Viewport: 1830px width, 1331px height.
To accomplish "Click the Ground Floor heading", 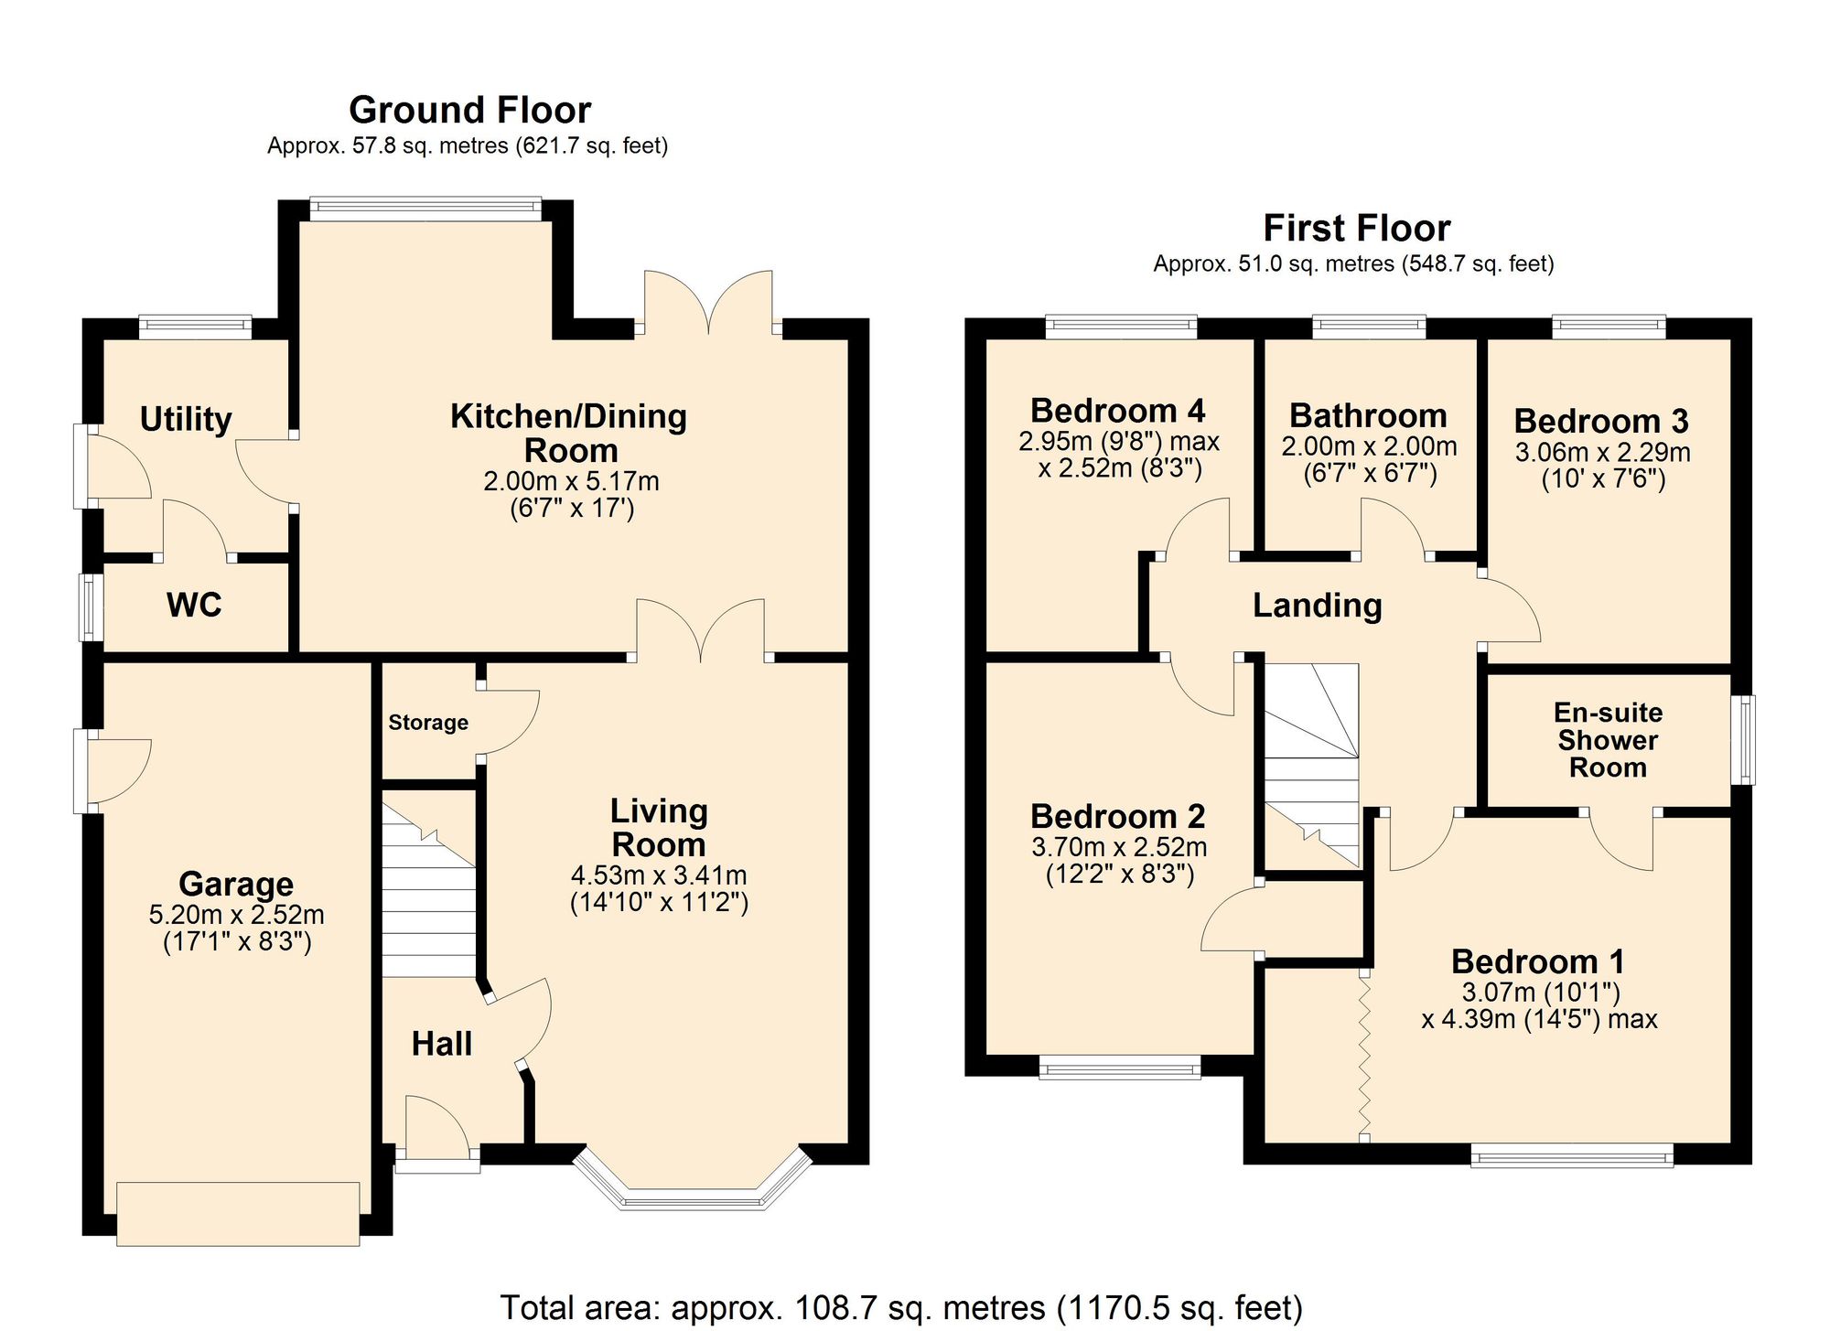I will click(x=469, y=111).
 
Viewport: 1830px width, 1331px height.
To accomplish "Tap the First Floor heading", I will click(x=1356, y=229).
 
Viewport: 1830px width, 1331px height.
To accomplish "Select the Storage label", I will click(x=428, y=723).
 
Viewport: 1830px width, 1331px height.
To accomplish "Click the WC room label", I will click(x=194, y=605).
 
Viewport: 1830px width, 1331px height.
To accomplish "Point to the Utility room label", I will click(x=186, y=419).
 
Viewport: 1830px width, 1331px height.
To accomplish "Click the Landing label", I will click(x=1317, y=606).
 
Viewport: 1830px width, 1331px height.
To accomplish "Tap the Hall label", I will click(x=441, y=1044).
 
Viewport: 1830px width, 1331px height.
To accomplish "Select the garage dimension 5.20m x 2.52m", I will click(x=236, y=915).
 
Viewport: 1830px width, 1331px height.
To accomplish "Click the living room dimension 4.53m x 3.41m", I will click(x=659, y=875).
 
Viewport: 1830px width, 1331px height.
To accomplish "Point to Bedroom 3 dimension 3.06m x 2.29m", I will click(x=1602, y=453).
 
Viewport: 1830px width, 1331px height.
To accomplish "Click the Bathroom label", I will click(x=1368, y=415).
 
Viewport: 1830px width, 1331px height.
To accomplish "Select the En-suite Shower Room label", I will click(x=1608, y=740).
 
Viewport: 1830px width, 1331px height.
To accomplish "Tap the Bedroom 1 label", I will click(x=1537, y=961).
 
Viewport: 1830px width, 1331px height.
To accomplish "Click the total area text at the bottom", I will click(x=900, y=1307).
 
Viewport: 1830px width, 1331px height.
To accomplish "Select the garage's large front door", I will click(x=238, y=1214).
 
